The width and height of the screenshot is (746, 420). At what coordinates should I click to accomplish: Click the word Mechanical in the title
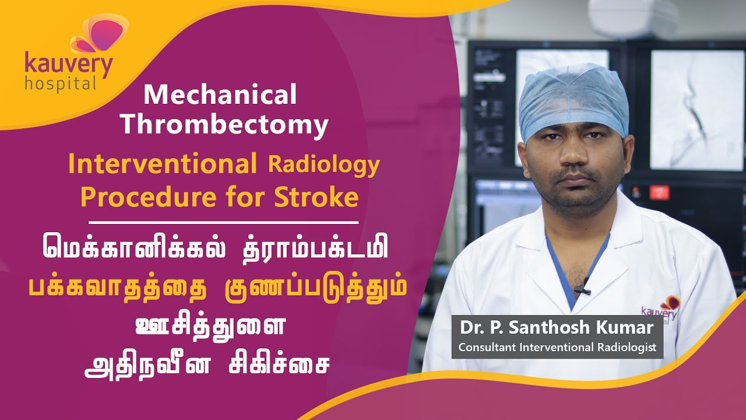click(220, 95)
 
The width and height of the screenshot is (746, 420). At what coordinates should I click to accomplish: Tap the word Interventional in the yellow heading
click(163, 165)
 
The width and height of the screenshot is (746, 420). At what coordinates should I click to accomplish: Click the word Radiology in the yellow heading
click(323, 165)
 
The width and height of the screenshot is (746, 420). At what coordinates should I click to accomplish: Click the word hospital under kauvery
click(60, 83)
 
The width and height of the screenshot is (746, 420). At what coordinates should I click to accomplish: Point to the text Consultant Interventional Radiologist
click(557, 347)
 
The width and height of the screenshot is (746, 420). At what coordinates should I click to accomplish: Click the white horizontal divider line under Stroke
click(223, 222)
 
